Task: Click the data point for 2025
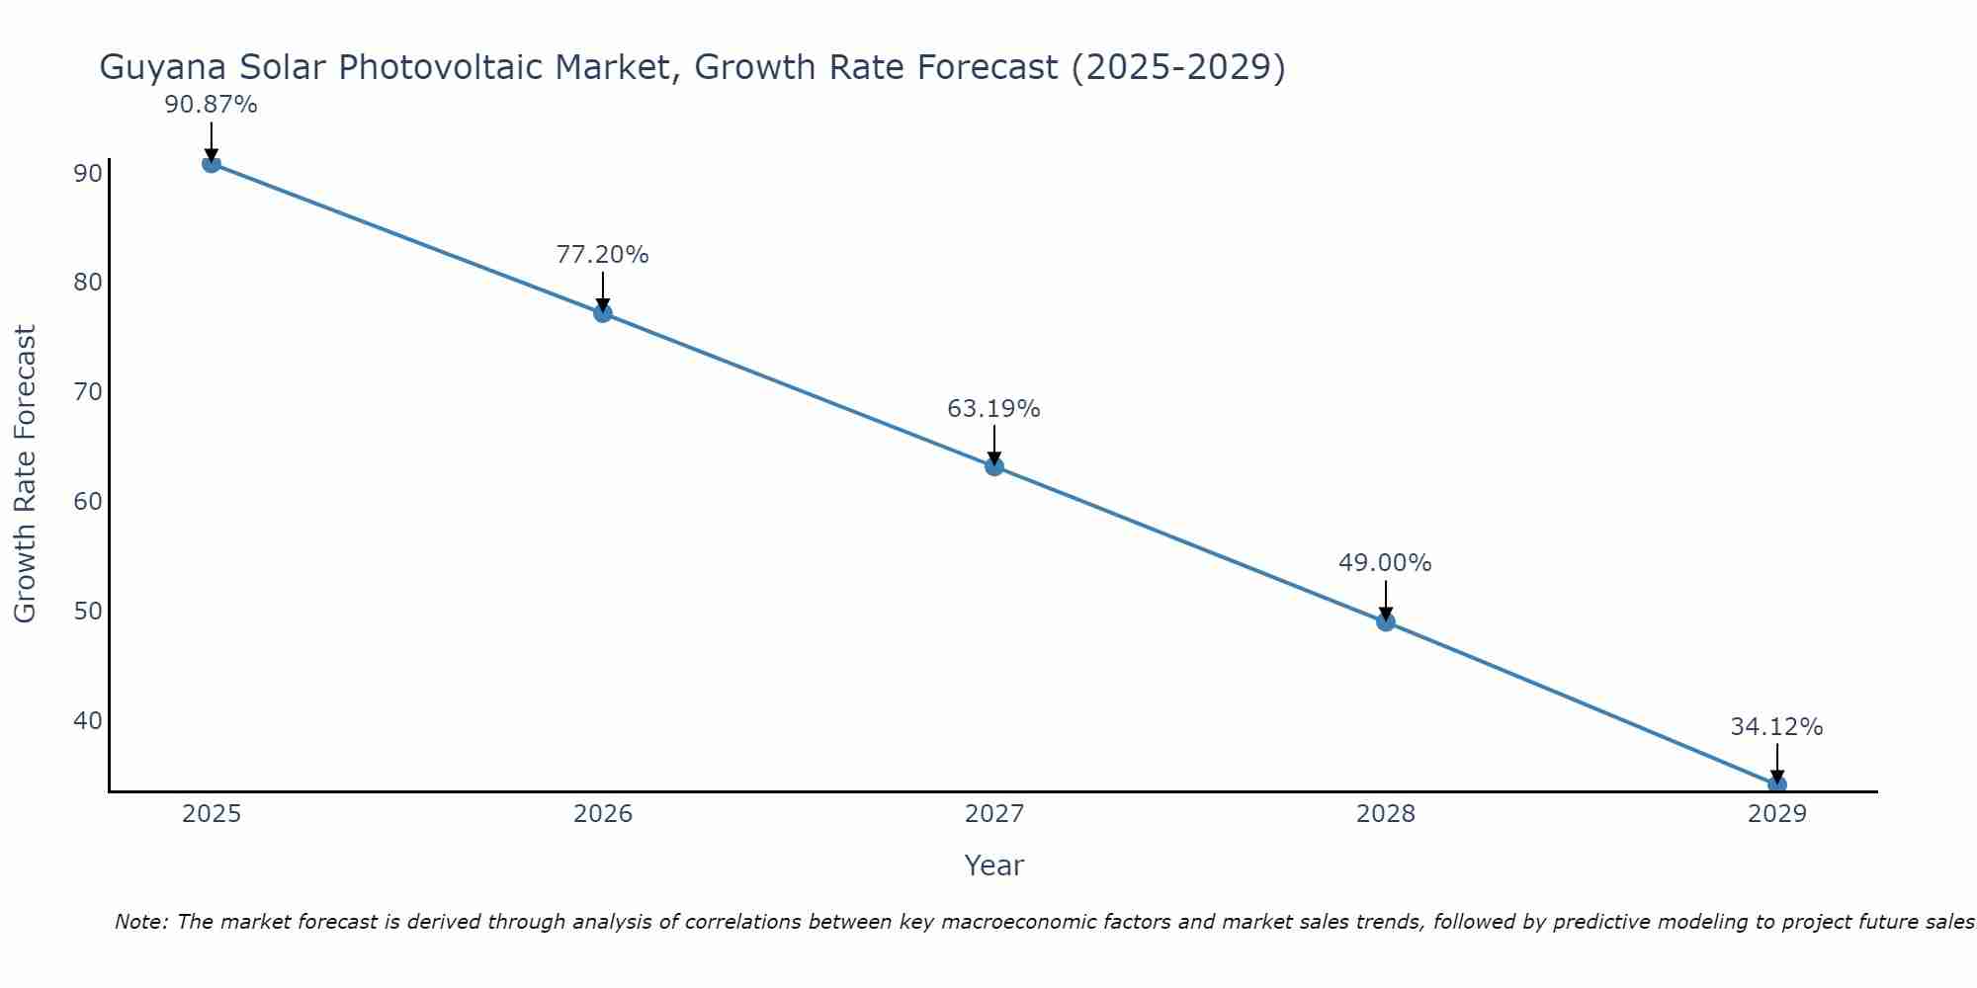[211, 163]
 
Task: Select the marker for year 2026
[603, 313]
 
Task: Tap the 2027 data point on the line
[994, 466]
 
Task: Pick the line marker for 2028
[1386, 621]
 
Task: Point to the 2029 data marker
[1776, 784]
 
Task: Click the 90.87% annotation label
[211, 105]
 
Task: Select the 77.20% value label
[602, 255]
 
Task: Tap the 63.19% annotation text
[993, 409]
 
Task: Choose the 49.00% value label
[1385, 563]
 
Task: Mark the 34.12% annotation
[1776, 727]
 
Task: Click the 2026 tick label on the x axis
[603, 814]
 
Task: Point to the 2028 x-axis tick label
[1386, 814]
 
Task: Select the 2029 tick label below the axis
[1776, 814]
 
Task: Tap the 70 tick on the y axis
[88, 392]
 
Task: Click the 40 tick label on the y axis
[88, 720]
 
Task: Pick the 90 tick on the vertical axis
[88, 174]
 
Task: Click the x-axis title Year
[993, 865]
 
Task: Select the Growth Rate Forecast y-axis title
[26, 474]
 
